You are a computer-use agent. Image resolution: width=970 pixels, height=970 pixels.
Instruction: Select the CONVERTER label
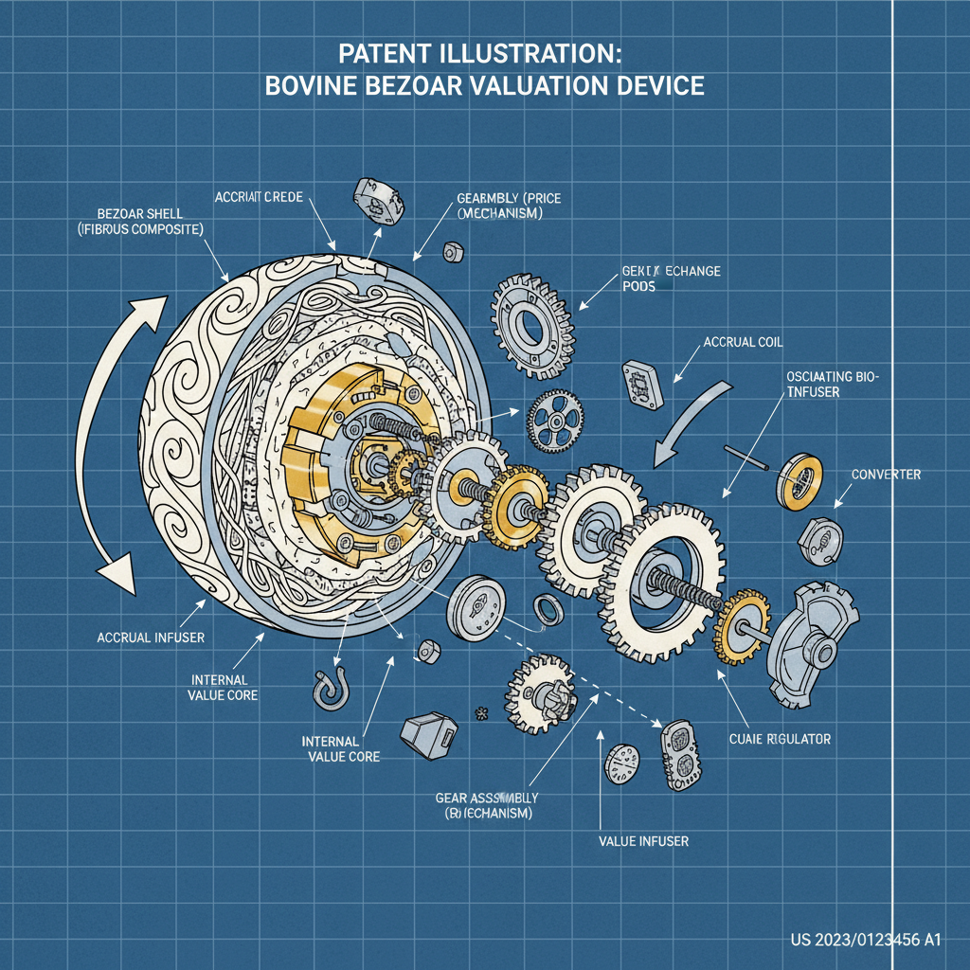[886, 474]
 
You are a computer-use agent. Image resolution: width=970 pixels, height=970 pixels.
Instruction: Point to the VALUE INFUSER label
[643, 840]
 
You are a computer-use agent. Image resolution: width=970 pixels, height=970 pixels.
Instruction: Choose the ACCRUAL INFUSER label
[151, 637]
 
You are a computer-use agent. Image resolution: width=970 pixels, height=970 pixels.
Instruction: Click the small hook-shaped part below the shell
[328, 689]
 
